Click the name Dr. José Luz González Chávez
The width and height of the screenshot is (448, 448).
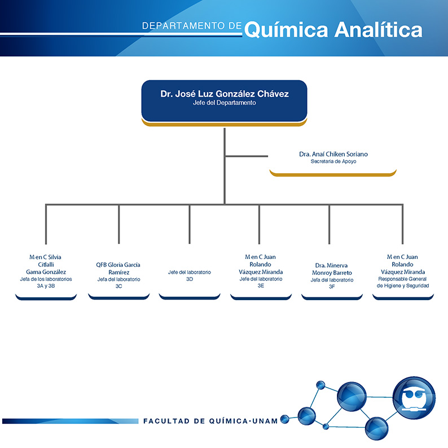(x=225, y=94)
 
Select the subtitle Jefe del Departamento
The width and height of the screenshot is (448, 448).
(x=225, y=103)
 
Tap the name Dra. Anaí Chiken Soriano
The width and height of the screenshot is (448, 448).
(x=333, y=154)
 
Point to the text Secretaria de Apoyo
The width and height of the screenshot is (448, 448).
(x=333, y=161)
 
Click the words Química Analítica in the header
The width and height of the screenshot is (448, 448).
(x=333, y=30)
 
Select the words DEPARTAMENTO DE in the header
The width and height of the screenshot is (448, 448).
(x=192, y=26)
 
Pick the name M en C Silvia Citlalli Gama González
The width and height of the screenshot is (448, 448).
(x=46, y=265)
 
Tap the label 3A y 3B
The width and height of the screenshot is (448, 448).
(x=46, y=286)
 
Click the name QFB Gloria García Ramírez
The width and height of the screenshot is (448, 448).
(x=118, y=269)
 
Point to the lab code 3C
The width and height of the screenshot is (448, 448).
(x=118, y=286)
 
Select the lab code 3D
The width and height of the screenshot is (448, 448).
(x=190, y=279)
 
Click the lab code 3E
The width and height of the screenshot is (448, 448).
(x=261, y=286)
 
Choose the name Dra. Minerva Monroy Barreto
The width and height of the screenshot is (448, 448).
(x=332, y=269)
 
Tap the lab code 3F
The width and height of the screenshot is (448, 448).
(x=332, y=287)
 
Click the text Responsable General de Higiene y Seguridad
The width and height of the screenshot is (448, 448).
(x=402, y=282)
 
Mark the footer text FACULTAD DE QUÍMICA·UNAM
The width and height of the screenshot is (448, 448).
(x=210, y=421)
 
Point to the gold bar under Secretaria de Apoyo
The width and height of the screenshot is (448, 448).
(x=333, y=174)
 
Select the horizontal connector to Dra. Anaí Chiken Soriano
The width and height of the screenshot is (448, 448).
(x=247, y=156)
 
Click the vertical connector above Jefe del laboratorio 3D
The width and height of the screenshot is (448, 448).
(x=190, y=225)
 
